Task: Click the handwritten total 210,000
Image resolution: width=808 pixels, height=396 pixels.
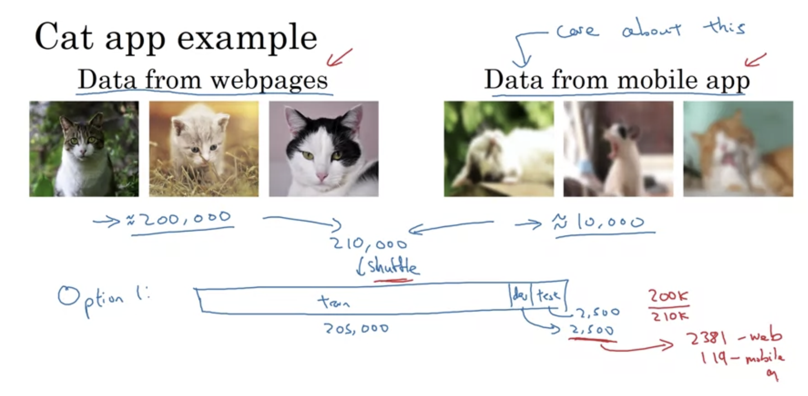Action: click(369, 244)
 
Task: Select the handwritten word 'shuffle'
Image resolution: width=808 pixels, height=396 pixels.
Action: click(392, 267)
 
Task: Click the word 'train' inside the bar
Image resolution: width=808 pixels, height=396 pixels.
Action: click(334, 302)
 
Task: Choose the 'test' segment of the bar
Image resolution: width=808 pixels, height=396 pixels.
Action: click(548, 295)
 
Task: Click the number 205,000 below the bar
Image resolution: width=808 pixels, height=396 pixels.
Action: click(356, 328)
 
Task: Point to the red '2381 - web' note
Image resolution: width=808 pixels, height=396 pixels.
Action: click(734, 338)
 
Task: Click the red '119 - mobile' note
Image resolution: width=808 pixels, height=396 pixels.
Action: click(742, 358)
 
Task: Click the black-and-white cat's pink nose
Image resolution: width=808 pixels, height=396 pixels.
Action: click(322, 177)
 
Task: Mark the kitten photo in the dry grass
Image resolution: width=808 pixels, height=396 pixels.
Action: click(204, 149)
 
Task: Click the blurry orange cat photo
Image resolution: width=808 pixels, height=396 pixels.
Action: click(738, 149)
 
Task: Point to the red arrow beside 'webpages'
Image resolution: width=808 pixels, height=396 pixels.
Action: click(339, 58)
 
